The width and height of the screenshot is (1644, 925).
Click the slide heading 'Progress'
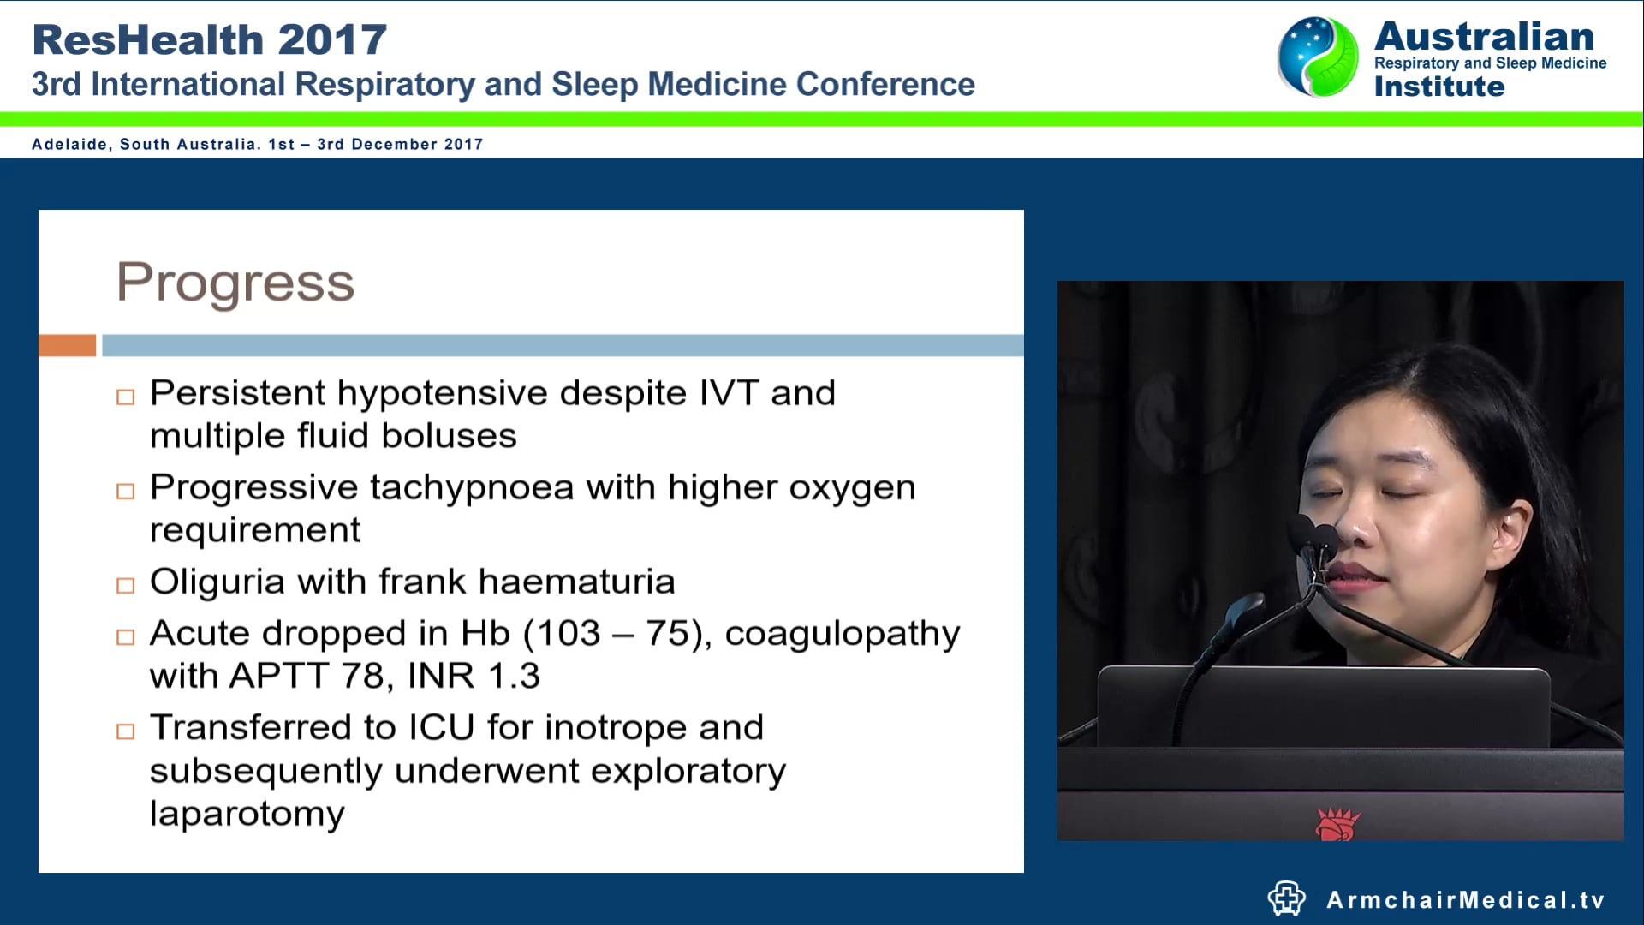(235, 283)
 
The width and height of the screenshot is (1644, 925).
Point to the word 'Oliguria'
(217, 582)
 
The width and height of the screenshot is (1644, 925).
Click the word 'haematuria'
(576, 582)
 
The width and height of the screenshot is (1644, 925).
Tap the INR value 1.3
(514, 677)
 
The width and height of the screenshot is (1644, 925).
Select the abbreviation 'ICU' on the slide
(441, 728)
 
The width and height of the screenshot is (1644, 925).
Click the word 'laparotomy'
(247, 814)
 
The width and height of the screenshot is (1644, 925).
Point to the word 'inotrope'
(615, 728)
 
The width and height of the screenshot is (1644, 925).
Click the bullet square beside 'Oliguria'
(126, 586)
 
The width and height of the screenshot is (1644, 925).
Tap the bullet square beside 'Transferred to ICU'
(126, 731)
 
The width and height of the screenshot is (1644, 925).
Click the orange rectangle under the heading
(67, 345)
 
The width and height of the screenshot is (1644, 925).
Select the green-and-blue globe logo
(1318, 57)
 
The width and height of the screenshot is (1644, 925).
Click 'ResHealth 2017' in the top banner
(209, 39)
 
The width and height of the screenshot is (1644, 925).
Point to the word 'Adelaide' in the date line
(69, 144)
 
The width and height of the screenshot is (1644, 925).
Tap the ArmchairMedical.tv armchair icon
(1286, 898)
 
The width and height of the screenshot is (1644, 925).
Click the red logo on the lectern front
(1337, 824)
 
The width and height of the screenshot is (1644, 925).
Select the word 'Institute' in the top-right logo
(1438, 87)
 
